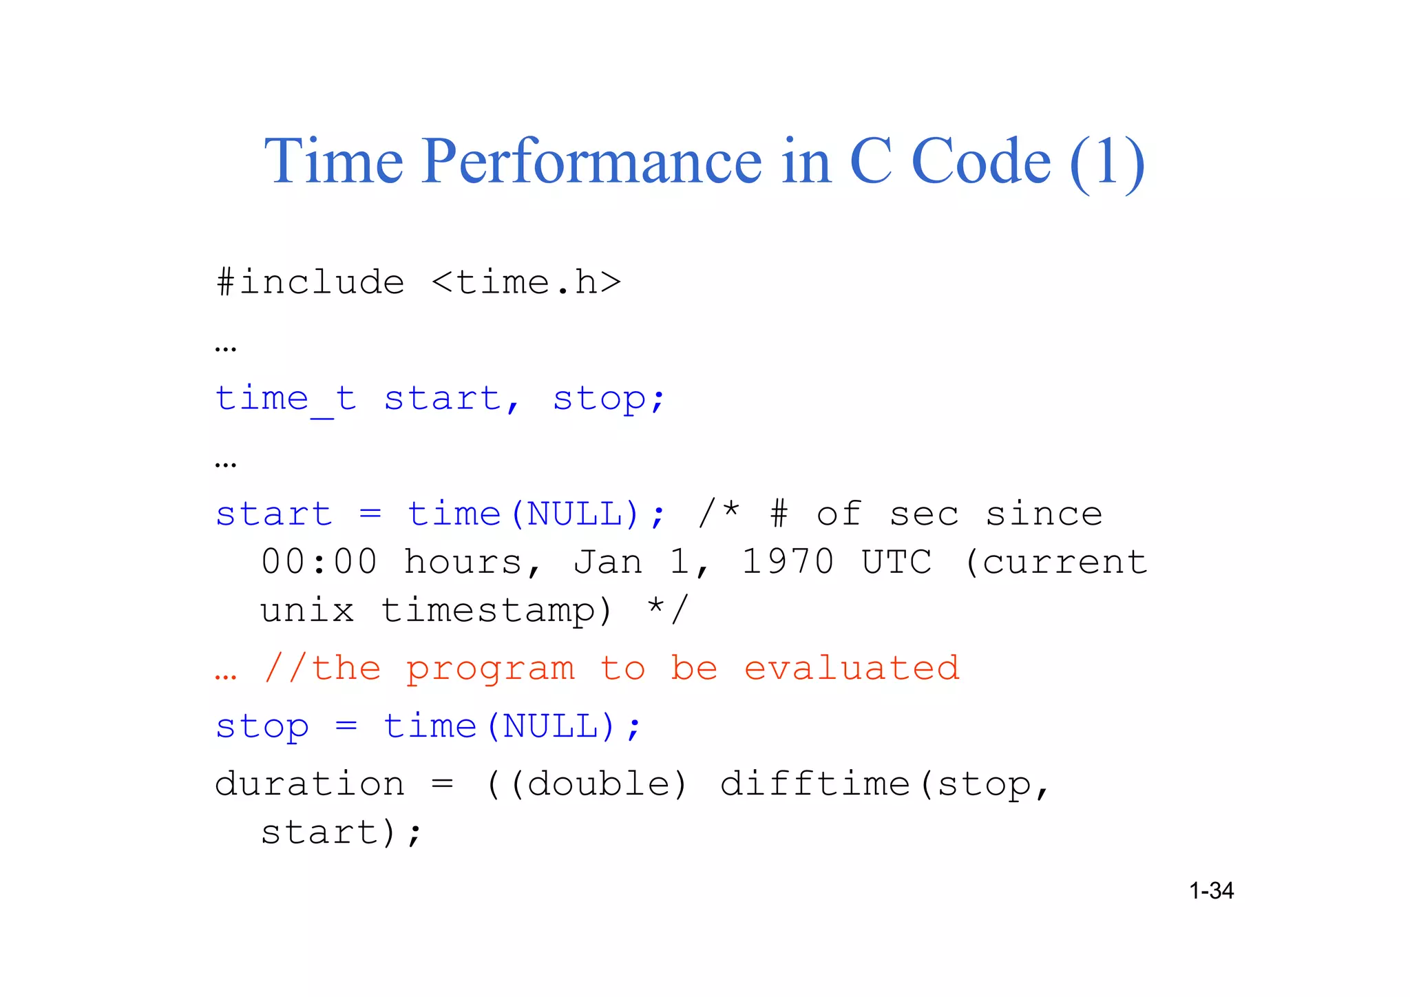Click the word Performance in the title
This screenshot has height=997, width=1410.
592,162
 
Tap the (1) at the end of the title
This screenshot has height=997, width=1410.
1107,163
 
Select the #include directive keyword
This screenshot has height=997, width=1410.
311,282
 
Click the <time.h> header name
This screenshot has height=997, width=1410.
526,282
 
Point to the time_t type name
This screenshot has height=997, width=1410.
286,399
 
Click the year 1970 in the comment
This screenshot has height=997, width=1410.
788,562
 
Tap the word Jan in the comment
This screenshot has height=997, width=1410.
608,562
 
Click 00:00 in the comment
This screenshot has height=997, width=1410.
319,562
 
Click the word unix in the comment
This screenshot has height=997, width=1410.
307,611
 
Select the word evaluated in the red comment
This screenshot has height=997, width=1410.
852,669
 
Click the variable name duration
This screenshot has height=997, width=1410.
310,784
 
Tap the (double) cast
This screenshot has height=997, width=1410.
598,784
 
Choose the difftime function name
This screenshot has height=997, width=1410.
815,784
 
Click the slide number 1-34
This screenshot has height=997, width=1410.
1211,891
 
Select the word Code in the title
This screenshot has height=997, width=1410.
980,162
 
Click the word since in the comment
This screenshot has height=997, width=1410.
1044,514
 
